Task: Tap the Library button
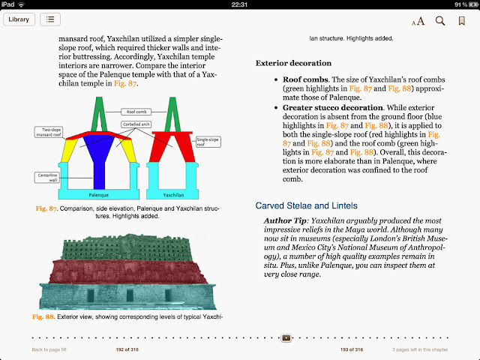19,19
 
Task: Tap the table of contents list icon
50,19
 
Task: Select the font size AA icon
418,21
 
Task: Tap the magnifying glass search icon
440,20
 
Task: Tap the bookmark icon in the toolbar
461,20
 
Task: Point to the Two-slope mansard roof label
47,133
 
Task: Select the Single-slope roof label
205,140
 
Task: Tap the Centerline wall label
46,177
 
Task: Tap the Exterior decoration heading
293,63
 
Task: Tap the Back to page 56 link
49,350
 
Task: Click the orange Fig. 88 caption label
43,317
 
